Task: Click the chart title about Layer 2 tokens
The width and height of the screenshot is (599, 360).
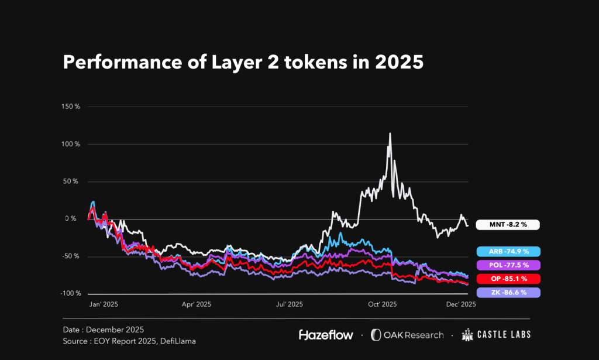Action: pos(243,62)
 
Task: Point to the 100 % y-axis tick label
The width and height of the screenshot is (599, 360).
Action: pos(71,144)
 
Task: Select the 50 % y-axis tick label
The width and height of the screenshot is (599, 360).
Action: pos(71,181)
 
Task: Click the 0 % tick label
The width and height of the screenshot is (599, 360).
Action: pos(71,219)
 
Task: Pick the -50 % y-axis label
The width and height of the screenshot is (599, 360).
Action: pos(71,256)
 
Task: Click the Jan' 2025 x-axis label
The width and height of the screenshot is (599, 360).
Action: pos(104,304)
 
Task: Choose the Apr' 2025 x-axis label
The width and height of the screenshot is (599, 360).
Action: pos(196,304)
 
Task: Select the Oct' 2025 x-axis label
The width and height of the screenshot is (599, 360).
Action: pos(382,304)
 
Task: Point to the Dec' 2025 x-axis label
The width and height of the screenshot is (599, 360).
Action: pos(461,304)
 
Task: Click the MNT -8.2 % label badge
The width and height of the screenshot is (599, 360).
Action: pos(507,224)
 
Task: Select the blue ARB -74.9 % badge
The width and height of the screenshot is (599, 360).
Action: pos(507,252)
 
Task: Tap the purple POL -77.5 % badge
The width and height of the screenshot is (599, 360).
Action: pos(507,265)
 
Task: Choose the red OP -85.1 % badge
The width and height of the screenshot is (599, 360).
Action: pos(507,279)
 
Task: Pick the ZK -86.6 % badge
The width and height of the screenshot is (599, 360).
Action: pos(507,292)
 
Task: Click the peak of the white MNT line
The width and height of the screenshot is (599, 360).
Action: pos(390,133)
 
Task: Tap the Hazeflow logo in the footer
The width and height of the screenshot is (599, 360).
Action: pos(326,335)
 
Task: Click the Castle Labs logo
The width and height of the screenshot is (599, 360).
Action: pos(496,335)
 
